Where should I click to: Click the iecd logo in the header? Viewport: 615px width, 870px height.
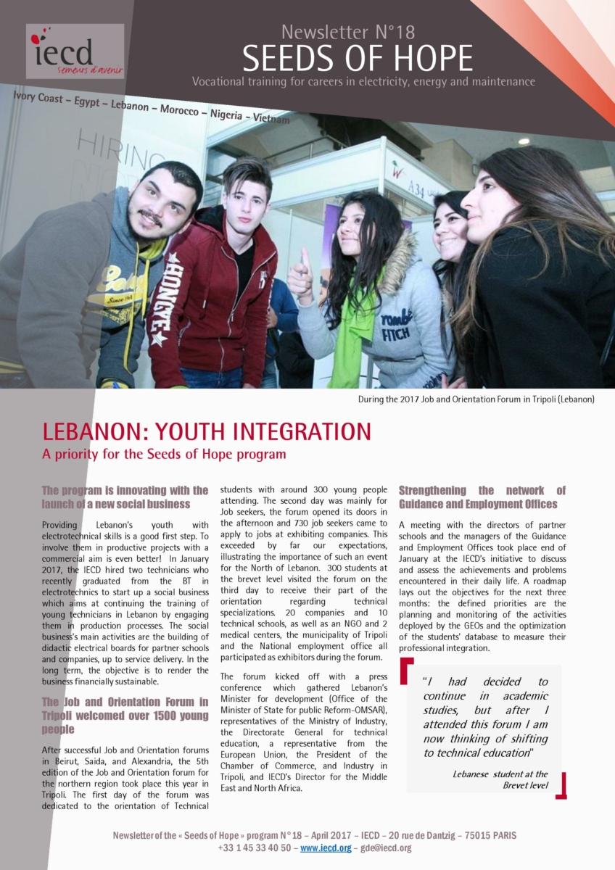coord(75,51)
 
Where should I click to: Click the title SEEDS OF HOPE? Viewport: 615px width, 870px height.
coord(357,57)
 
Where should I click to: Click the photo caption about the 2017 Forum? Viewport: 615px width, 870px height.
coord(476,399)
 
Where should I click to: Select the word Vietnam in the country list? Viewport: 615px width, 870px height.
coord(271,119)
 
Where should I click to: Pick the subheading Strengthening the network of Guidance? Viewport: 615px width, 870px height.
coord(482,497)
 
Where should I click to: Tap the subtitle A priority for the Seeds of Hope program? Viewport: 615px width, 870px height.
coord(164,455)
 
